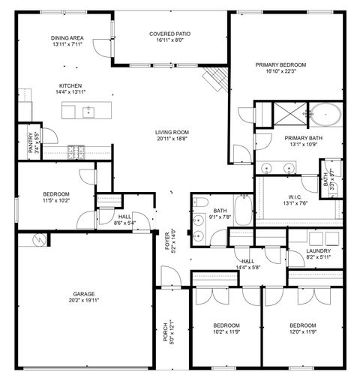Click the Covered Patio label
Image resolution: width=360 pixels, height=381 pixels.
pyautogui.click(x=169, y=34)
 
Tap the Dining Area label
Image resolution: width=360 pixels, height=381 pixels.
pyautogui.click(x=67, y=38)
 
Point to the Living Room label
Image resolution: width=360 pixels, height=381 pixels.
pyautogui.click(x=172, y=132)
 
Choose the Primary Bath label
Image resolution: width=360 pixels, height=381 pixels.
pyautogui.click(x=303, y=139)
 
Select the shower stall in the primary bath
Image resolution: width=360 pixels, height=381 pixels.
pyautogui.click(x=280, y=115)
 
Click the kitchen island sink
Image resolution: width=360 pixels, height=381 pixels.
pyautogui.click(x=88, y=112)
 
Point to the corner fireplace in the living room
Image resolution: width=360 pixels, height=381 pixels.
pyautogui.click(x=216, y=77)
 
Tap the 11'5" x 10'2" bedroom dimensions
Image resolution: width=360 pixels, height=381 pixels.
pyautogui.click(x=55, y=200)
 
